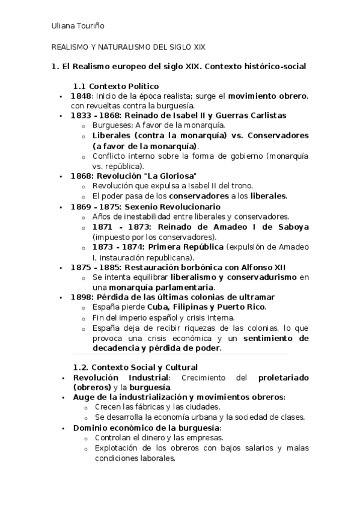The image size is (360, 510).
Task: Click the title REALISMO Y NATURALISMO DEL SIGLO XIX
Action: tap(128, 46)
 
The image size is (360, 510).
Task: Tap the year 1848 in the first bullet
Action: tap(81, 96)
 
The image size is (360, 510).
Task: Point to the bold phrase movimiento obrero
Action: tap(267, 96)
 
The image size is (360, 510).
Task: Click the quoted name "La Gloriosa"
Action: tap(170, 176)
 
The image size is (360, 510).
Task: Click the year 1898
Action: tap(81, 297)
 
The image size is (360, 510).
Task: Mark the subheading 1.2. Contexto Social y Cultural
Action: tap(135, 367)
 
